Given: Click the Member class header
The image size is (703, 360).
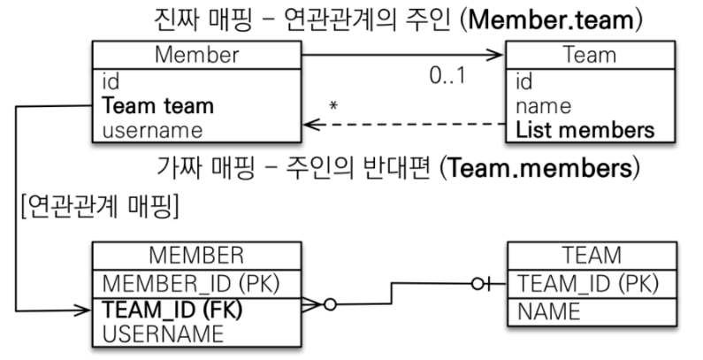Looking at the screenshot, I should pyautogui.click(x=196, y=55).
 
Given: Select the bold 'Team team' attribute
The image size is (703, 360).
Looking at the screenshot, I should pyautogui.click(x=158, y=106).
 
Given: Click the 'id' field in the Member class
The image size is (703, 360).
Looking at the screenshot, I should pyautogui.click(x=111, y=82).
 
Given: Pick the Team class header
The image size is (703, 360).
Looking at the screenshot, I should pyautogui.click(x=590, y=55).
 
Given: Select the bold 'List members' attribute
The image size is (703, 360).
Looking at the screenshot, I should pyautogui.click(x=585, y=130).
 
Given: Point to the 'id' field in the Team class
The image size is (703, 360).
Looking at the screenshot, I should pyautogui.click(x=525, y=82).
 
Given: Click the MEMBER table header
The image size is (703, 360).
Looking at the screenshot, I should pyautogui.click(x=196, y=257).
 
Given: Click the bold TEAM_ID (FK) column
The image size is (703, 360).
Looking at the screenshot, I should pyautogui.click(x=173, y=310).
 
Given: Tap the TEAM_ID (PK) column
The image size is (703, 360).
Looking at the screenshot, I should pyautogui.click(x=580, y=285).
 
